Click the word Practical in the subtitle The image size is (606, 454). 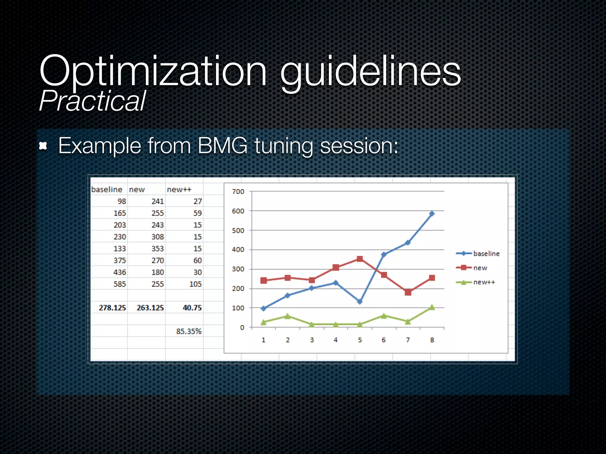point(92,101)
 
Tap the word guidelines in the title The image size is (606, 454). point(370,72)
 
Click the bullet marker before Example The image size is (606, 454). point(43,146)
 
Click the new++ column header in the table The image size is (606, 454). point(179,189)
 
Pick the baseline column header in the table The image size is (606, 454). point(107,189)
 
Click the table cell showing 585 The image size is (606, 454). point(120,284)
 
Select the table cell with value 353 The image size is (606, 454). point(157,249)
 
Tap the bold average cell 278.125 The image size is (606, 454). point(112,308)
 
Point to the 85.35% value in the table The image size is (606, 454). point(188,331)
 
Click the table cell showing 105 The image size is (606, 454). point(195,284)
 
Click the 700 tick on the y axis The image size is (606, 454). point(238,192)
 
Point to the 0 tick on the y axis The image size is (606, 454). point(242,327)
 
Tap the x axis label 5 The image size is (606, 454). point(360,340)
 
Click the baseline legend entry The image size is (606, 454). point(486,254)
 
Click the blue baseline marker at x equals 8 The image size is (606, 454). point(432,213)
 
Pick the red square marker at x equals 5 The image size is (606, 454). point(360,259)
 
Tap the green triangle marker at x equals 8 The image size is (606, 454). point(432,307)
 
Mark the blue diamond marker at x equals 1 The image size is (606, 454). point(264,308)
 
